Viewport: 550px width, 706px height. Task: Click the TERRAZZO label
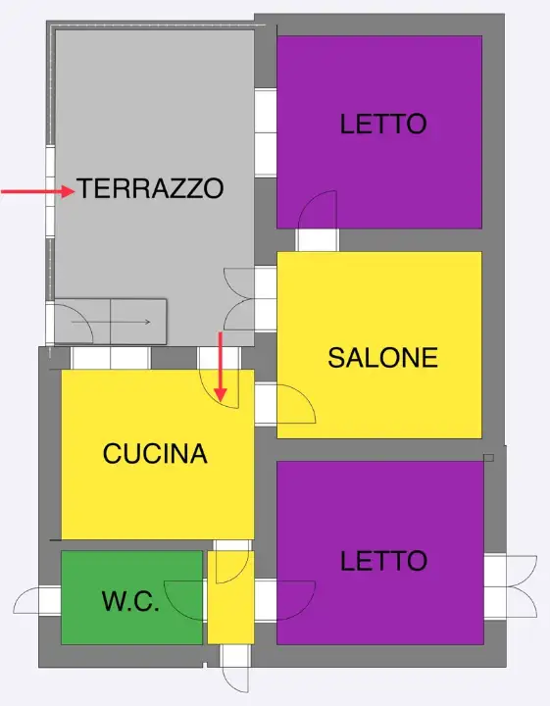151,188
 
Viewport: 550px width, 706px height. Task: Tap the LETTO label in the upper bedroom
383,125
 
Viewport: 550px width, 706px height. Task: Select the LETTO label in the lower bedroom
383,561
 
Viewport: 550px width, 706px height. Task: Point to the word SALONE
382,358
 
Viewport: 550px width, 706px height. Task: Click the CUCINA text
155,454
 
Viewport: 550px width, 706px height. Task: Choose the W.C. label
130,602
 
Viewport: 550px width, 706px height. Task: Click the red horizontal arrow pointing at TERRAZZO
38,192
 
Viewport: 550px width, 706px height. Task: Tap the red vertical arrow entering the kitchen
221,368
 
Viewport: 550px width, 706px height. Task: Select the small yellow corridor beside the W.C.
230,598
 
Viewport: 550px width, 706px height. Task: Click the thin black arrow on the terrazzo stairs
132,322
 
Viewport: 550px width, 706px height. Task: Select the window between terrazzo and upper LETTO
266,132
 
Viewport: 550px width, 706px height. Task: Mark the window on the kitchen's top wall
110,358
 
